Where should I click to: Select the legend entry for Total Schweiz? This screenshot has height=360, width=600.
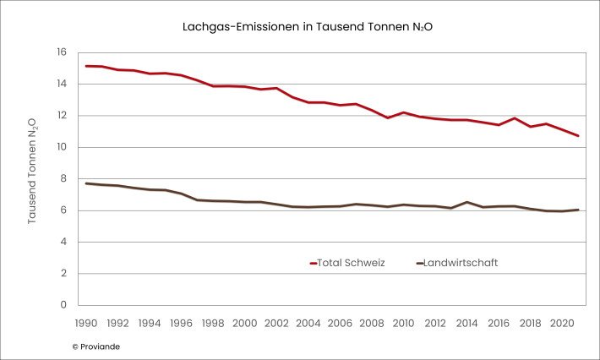click(347, 263)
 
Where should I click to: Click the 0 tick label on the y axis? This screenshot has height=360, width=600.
click(63, 305)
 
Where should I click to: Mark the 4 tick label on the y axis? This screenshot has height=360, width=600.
click(63, 242)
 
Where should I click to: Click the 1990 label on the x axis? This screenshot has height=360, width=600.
click(85, 323)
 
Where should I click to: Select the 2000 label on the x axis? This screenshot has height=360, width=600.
click(244, 323)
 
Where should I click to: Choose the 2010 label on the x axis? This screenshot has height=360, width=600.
click(403, 323)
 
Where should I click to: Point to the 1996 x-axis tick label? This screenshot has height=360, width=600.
click(181, 323)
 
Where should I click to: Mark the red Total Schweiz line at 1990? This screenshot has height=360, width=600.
click(85, 66)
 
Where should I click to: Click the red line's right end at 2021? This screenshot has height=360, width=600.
click(577, 136)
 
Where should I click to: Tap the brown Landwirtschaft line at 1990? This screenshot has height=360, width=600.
click(85, 183)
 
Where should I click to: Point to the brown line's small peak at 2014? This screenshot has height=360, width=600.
click(466, 202)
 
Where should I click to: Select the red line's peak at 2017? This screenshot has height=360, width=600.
click(514, 118)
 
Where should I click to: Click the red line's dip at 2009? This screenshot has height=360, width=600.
click(387, 117)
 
